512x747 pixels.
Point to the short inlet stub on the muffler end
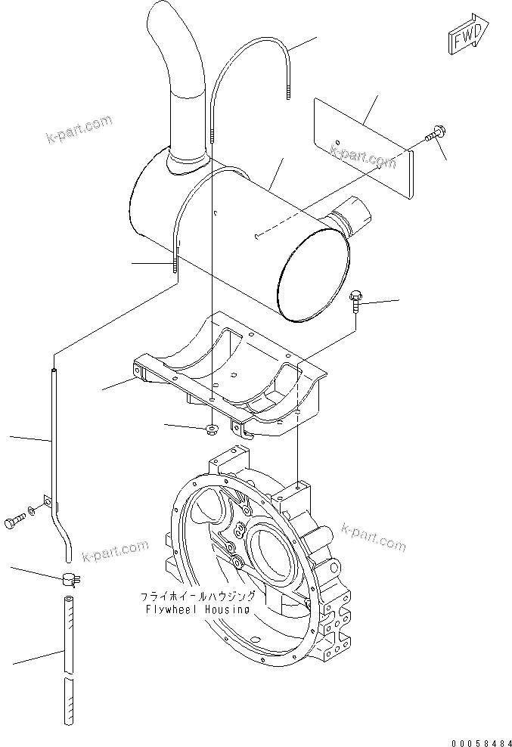point(353,214)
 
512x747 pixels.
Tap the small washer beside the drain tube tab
point(30,513)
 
